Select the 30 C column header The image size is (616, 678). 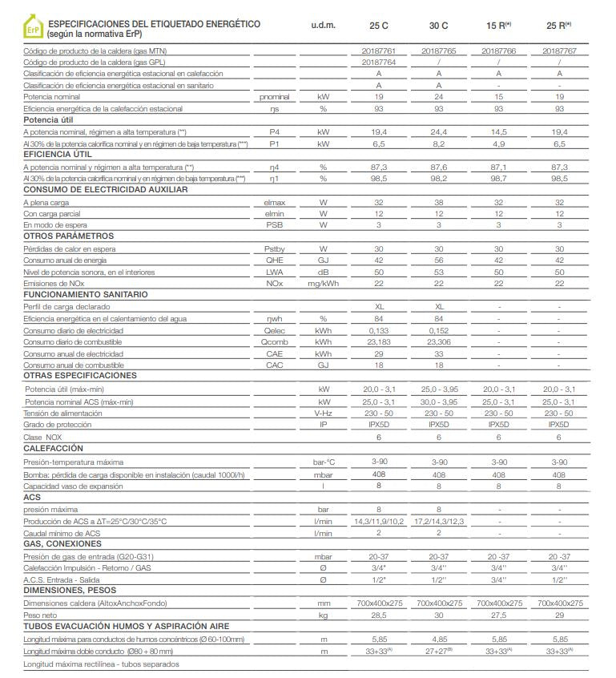[x=438, y=26]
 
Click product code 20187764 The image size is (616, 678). [x=378, y=62]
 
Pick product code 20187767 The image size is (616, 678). [x=559, y=50]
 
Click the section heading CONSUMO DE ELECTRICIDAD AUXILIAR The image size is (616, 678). [x=106, y=190]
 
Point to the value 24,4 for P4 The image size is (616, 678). [x=438, y=131]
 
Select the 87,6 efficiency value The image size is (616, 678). [x=438, y=167]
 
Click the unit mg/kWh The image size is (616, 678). [x=323, y=284]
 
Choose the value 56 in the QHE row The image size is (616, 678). [x=438, y=260]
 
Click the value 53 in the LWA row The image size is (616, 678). [x=438, y=272]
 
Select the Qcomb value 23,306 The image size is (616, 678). [x=438, y=341]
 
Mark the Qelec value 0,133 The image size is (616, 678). [x=378, y=330]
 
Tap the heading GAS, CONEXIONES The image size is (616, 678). [x=62, y=543]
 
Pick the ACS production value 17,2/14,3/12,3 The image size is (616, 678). [x=438, y=521]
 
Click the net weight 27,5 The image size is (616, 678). [x=498, y=614]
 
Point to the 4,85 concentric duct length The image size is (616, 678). [x=438, y=640]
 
